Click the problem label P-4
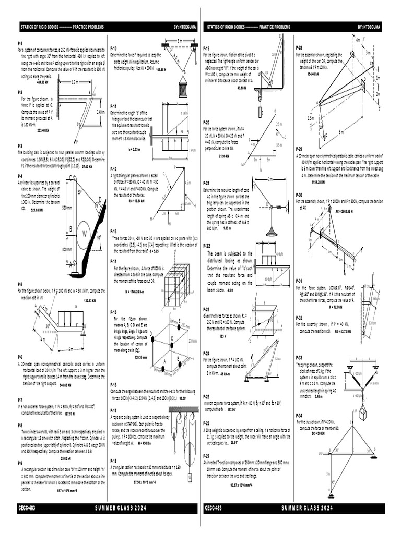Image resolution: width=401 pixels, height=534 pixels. (x=20, y=176)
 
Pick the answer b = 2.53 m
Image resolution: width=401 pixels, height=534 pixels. (x=134, y=149)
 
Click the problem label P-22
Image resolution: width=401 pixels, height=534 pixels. (x=207, y=245)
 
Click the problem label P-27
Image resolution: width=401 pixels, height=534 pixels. (x=207, y=455)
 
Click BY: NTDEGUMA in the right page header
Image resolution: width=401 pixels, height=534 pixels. (x=371, y=26)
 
